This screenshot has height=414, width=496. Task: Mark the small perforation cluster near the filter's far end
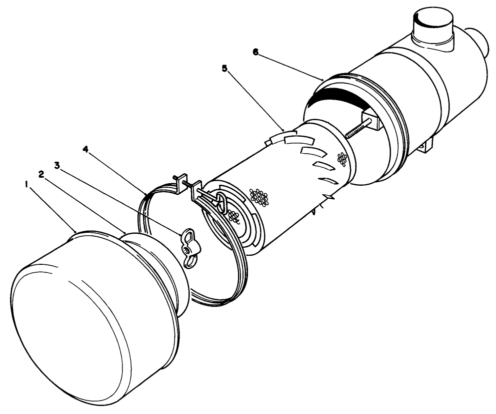[342, 160]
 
